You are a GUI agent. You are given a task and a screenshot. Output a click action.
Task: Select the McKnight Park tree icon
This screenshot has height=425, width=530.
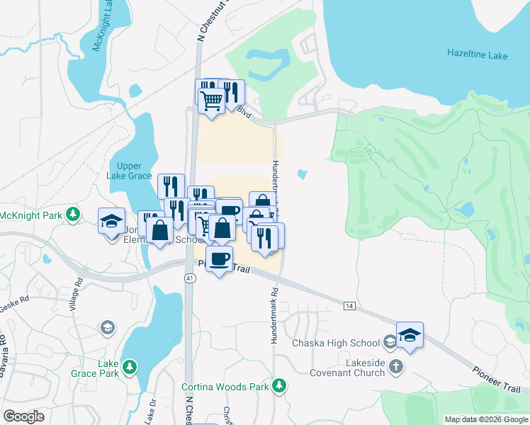[x=72, y=214]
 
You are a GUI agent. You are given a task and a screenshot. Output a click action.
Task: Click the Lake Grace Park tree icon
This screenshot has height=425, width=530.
[x=129, y=365]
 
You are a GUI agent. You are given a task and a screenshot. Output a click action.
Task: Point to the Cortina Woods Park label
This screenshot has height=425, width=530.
[x=225, y=387]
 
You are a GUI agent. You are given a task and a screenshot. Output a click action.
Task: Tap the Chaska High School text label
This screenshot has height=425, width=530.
[x=336, y=344]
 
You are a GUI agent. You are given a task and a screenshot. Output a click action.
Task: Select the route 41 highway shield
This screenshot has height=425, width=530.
[x=189, y=278]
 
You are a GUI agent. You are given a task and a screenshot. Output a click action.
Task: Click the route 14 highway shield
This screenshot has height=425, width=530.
[x=349, y=305]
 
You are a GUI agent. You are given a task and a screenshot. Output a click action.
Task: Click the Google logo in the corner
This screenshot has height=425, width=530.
[x=23, y=416]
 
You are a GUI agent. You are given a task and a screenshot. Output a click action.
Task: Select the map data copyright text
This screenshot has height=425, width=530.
[x=487, y=419]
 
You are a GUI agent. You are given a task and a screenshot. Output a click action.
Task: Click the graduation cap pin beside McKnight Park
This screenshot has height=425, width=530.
[x=112, y=221]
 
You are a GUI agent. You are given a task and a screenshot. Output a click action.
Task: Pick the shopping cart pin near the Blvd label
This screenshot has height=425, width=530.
[x=210, y=100]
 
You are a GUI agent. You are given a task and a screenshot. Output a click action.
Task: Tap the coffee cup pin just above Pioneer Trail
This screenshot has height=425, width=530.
[x=220, y=259]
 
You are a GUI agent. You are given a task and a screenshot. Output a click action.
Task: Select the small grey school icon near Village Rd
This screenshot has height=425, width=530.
[x=106, y=327]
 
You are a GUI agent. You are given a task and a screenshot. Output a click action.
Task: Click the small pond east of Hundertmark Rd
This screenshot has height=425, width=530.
[x=303, y=174]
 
